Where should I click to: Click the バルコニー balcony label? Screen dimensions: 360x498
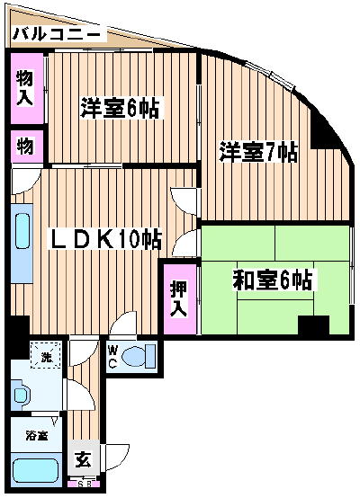(x=56, y=33)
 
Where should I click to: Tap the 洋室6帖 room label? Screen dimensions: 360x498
(x=120, y=108)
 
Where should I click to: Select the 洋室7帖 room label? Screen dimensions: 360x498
(x=258, y=152)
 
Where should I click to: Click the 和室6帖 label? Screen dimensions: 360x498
(x=272, y=280)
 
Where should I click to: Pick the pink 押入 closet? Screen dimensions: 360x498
(x=180, y=298)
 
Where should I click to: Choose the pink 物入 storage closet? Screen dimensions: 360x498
(x=27, y=88)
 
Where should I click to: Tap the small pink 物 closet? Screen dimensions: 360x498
(x=27, y=147)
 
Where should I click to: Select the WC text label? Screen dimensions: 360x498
(x=112, y=357)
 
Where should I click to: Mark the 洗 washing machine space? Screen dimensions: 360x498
(x=46, y=355)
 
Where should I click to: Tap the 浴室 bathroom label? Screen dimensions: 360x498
(x=37, y=436)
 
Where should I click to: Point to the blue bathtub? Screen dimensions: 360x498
(x=36, y=471)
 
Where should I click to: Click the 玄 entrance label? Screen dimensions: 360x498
(x=84, y=460)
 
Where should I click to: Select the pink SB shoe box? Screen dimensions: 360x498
(x=85, y=485)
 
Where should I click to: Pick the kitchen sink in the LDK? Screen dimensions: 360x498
(x=22, y=231)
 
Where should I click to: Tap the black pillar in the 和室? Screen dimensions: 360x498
(x=313, y=326)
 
